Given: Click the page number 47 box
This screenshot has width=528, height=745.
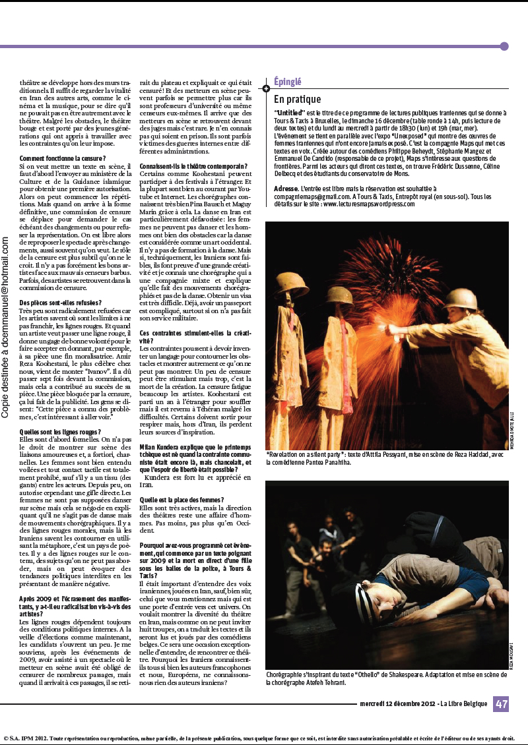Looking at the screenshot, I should (x=501, y=703).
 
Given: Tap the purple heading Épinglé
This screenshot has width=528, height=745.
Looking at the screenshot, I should (x=288, y=82).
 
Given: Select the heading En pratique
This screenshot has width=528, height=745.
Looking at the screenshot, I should (x=297, y=100).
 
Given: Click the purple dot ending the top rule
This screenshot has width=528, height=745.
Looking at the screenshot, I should (x=504, y=46).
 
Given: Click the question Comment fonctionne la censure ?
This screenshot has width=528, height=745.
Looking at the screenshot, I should (x=62, y=159).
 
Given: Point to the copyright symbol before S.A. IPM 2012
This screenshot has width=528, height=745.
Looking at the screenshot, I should (x=6, y=738).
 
